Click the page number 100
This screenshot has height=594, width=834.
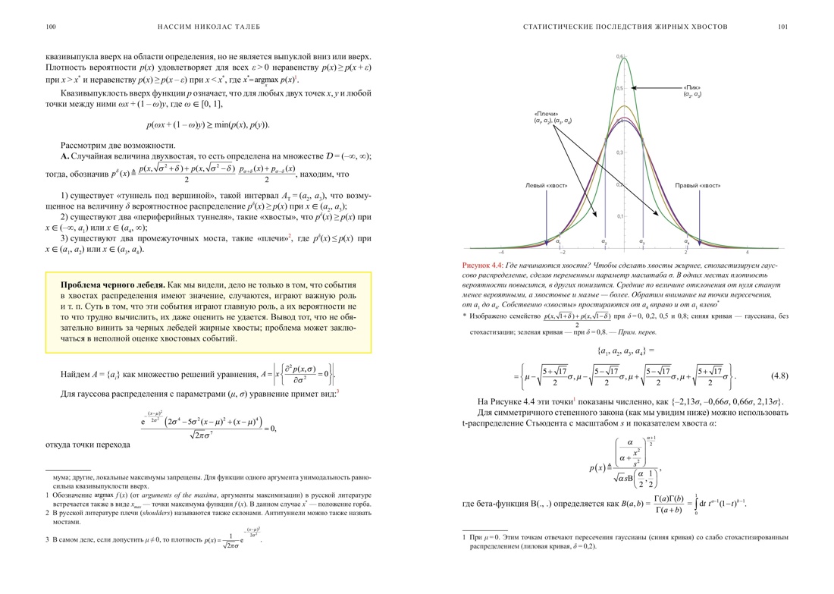(51, 27)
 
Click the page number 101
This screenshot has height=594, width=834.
(782, 27)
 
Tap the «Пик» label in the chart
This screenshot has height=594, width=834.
(692, 87)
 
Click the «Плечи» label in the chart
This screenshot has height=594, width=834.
(546, 114)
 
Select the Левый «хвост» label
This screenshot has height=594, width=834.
(545, 185)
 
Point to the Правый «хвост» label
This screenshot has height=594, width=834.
(698, 185)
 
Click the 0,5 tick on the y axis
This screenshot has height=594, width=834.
(619, 88)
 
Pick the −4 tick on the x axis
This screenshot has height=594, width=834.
(501, 253)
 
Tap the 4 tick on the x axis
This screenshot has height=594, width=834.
(748, 253)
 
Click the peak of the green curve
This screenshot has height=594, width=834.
(624, 58)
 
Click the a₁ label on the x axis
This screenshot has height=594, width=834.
(558, 242)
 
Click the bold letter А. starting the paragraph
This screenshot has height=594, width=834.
(64, 156)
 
